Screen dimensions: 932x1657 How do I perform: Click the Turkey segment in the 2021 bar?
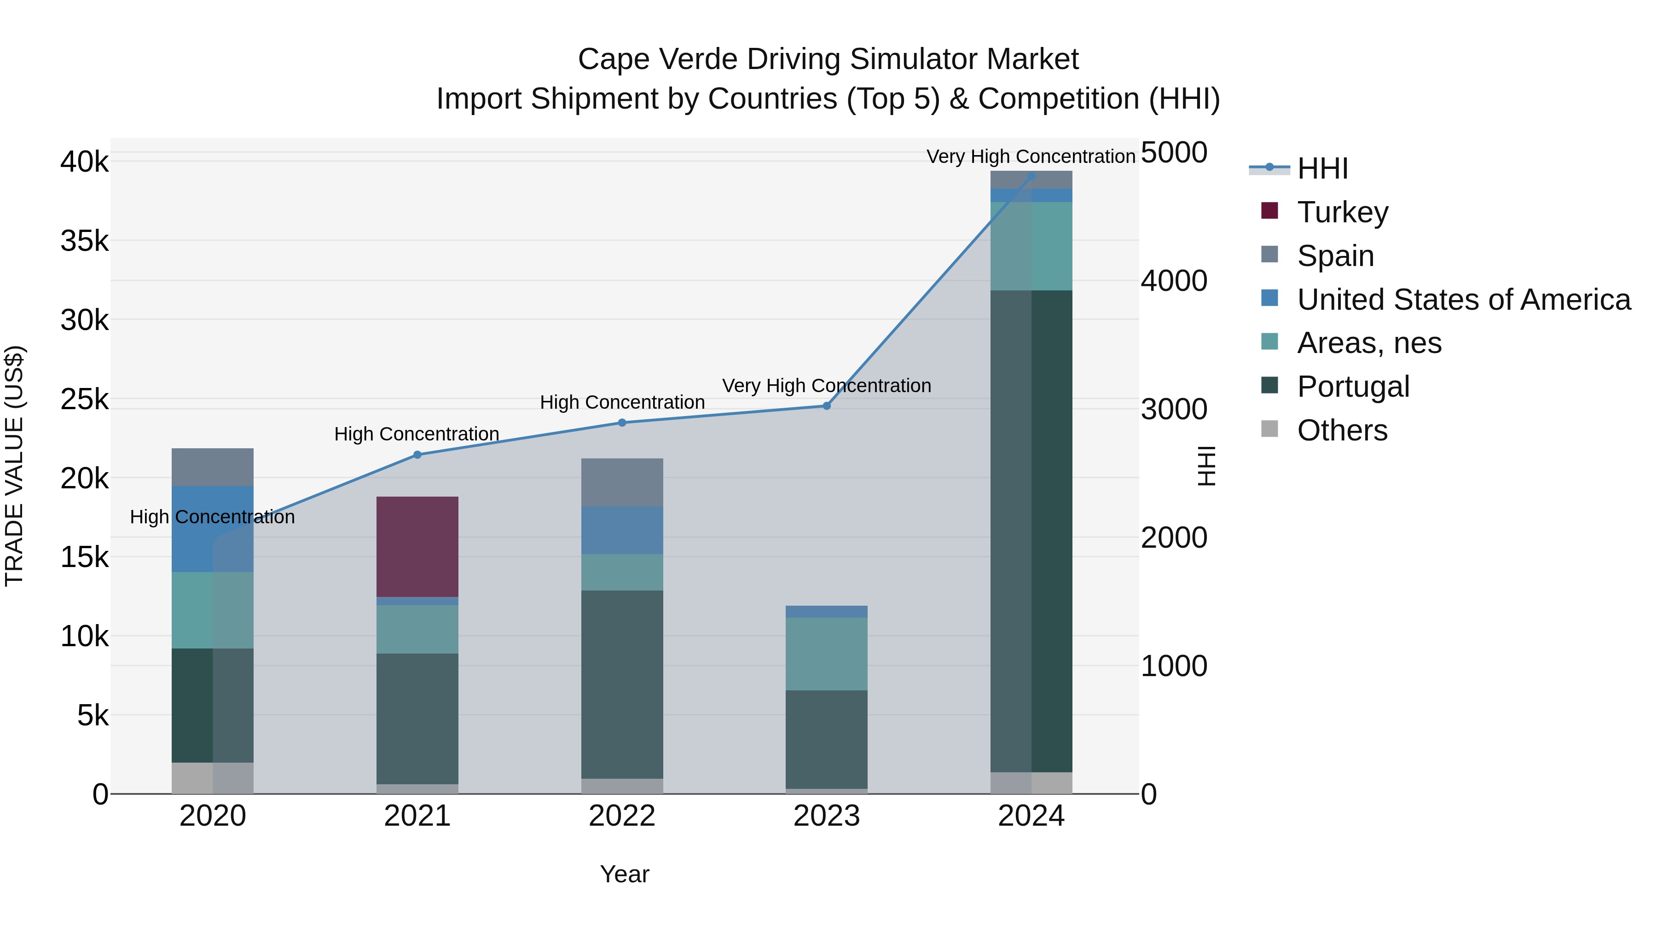point(417,547)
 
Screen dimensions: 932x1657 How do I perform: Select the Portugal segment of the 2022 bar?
point(621,684)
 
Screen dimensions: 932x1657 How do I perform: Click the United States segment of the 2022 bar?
point(621,530)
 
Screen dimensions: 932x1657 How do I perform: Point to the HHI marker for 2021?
point(417,455)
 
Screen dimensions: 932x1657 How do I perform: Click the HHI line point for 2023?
point(827,406)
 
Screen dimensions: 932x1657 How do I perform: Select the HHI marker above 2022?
point(622,423)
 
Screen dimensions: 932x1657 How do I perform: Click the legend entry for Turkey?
point(1343,212)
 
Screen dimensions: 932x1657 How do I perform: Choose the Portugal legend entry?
point(1353,387)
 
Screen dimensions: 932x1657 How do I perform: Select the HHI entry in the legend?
point(1322,168)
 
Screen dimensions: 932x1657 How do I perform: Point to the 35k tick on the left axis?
point(85,241)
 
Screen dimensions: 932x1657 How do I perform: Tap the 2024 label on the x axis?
point(1031,816)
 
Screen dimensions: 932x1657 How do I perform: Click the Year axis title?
point(624,874)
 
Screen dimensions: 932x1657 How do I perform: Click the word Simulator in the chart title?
point(910,59)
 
